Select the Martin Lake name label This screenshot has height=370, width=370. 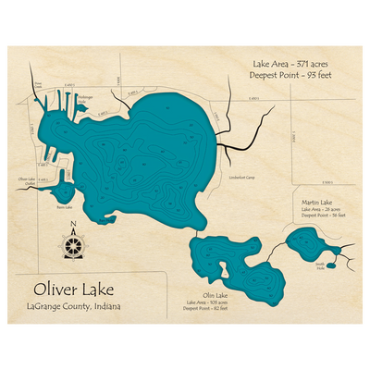[x=317, y=201]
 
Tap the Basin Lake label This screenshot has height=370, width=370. [x=64, y=208]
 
